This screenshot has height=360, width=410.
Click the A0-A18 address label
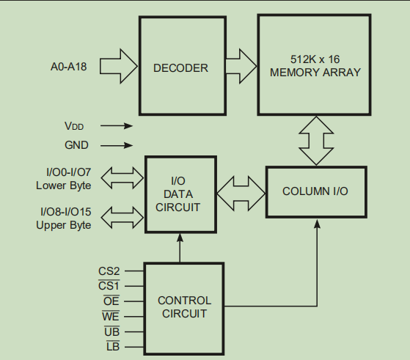pyautogui.click(x=68, y=67)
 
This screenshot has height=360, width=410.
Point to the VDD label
pyautogui.click(x=74, y=126)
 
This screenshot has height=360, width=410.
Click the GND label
pyautogui.click(x=76, y=145)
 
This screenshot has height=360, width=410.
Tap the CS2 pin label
pyautogui.click(x=109, y=271)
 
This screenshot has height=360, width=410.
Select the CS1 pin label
pyautogui.click(x=109, y=285)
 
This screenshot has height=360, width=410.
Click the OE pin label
pyautogui.click(x=111, y=301)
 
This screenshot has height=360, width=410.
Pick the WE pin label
pyautogui.click(x=111, y=316)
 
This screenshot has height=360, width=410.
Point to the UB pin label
pyautogui.click(x=111, y=331)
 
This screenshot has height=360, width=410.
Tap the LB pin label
pyautogui.click(x=113, y=346)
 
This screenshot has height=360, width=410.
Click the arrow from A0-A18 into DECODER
pyautogui.click(x=119, y=66)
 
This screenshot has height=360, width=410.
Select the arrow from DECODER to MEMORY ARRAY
pyautogui.click(x=241, y=66)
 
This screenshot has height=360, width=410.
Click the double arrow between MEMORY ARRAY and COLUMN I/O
pyautogui.click(x=316, y=141)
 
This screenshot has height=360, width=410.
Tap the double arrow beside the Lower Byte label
pyautogui.click(x=122, y=177)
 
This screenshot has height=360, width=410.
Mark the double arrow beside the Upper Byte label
pyautogui.click(x=122, y=218)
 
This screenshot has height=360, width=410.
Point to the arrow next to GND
pyautogui.click(x=117, y=145)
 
